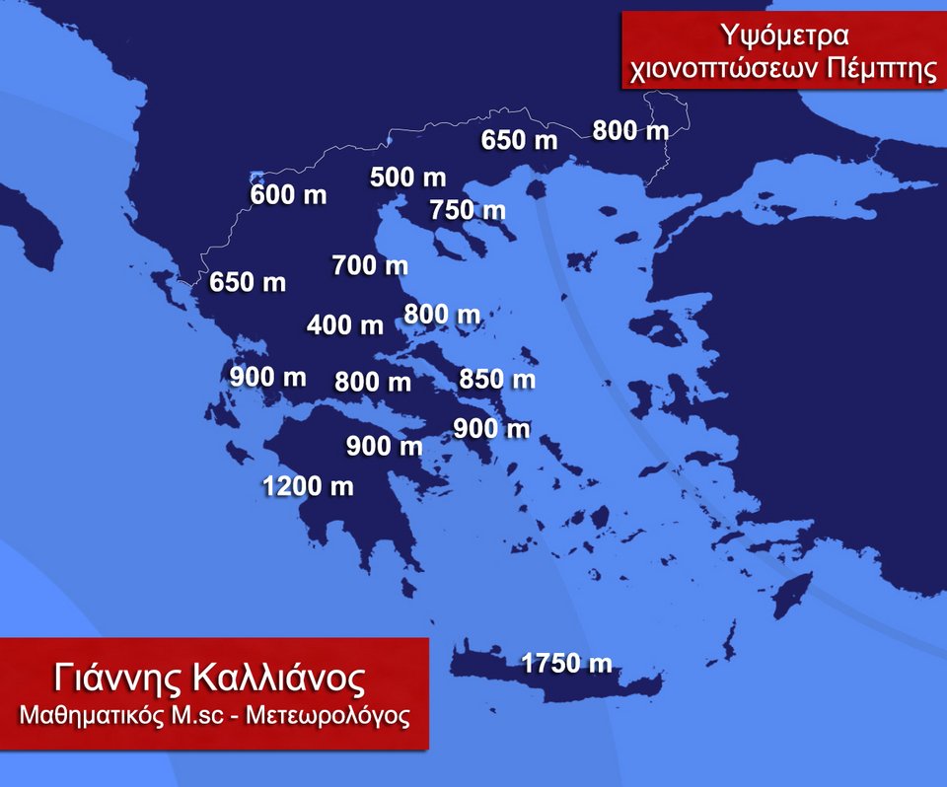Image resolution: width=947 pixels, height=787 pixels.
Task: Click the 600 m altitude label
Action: (x=288, y=195)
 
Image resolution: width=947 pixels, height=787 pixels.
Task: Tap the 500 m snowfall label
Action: (x=407, y=179)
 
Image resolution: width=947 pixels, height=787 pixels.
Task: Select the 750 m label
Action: (x=468, y=210)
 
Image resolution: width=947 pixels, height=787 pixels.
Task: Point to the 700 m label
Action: (x=370, y=265)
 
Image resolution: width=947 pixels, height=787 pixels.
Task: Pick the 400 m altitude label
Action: (x=345, y=324)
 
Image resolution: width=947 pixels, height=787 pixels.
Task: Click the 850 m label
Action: (x=497, y=379)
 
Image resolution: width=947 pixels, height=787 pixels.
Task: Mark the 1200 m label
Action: (x=308, y=486)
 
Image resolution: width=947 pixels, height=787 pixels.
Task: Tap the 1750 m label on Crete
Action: (x=566, y=664)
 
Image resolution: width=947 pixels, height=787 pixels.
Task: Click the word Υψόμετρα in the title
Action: (x=784, y=36)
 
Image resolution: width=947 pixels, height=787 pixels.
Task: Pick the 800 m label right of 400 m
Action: (x=443, y=315)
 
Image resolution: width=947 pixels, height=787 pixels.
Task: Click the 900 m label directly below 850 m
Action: (x=491, y=429)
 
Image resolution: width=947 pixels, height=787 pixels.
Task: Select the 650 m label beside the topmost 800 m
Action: (x=520, y=140)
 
